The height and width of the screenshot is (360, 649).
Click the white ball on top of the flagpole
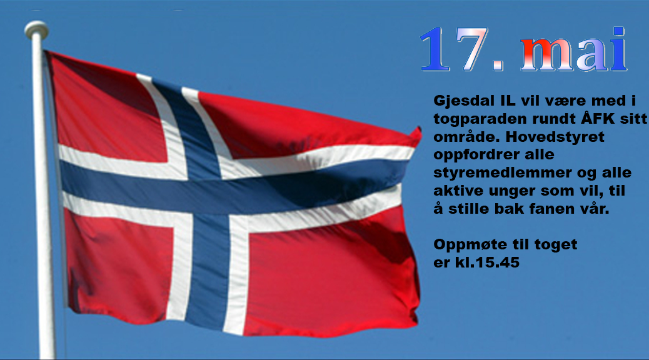(36, 30)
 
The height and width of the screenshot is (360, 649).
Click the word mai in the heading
(575, 49)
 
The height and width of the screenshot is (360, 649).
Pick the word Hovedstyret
(555, 136)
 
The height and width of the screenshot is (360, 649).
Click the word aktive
(458, 191)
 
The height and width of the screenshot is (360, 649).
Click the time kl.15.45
(487, 262)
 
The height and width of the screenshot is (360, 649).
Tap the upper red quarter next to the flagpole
(109, 112)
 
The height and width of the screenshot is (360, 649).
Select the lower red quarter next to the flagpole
(120, 265)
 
